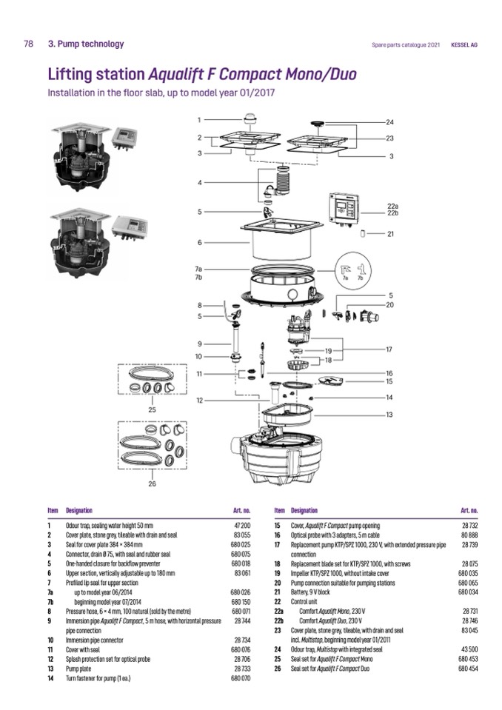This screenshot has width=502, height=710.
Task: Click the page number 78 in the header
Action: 29,44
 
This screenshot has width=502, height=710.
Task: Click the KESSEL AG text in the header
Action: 464,44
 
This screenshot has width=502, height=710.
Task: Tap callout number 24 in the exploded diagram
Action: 390,121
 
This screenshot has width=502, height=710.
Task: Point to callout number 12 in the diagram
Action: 199,400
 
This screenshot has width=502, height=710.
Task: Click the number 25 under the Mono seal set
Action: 152,408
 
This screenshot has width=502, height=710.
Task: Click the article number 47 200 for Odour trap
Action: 241,524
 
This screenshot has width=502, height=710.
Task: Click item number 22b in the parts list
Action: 278,620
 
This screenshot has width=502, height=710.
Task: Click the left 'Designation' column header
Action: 79,510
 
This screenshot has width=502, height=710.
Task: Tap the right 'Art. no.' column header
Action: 469,510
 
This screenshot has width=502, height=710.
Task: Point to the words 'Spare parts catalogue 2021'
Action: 406,44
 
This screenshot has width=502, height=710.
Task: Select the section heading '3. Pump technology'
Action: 86,44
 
